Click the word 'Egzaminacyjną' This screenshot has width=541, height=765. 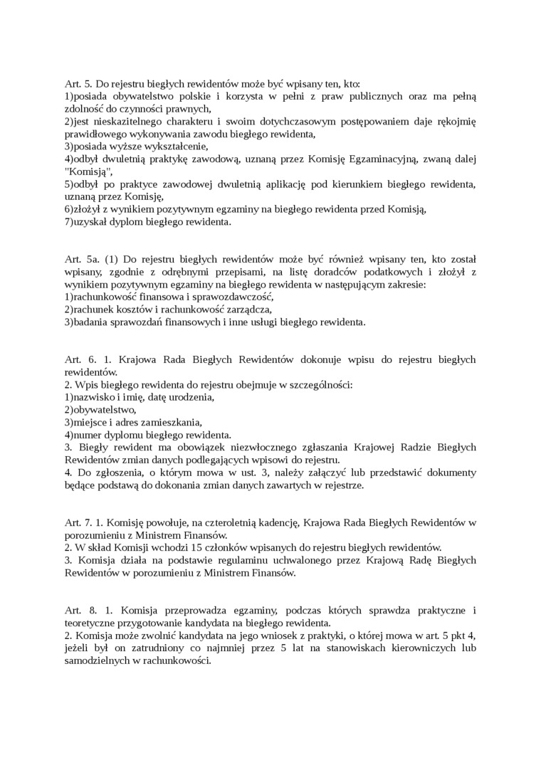tap(382, 160)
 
